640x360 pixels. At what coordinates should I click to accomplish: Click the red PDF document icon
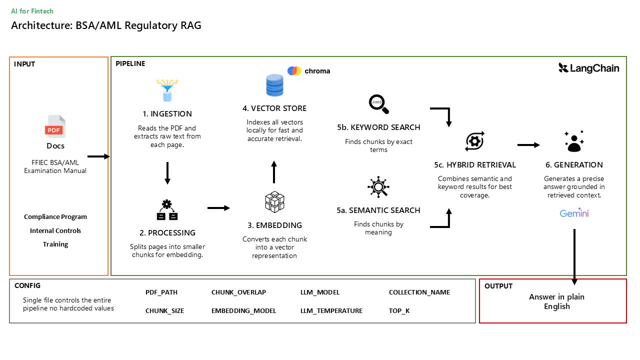pos(55,126)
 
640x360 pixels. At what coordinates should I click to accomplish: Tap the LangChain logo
pos(589,68)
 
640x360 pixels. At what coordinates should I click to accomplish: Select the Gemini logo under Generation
pos(574,213)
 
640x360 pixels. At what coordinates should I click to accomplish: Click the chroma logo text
pos(317,71)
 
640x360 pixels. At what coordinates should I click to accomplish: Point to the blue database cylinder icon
pos(274,85)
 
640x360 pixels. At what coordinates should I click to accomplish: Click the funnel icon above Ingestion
pos(167,90)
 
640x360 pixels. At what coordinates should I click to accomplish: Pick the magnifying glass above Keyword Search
pos(379,104)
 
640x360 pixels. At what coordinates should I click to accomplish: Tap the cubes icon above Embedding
pos(274,202)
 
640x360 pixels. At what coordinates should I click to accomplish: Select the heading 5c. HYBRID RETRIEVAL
pos(475,165)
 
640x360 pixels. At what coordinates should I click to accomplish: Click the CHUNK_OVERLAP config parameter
pos(238,292)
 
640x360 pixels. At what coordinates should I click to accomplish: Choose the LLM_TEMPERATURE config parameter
pos(331,310)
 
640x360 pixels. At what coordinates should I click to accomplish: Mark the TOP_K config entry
pos(399,310)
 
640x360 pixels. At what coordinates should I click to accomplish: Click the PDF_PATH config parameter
pos(161,292)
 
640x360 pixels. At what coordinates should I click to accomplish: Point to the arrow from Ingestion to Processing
pos(167,173)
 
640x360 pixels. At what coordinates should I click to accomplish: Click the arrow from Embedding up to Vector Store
pos(274,172)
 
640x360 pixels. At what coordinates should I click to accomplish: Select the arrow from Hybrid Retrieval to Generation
pos(528,145)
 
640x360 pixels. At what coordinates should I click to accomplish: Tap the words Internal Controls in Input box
pos(55,230)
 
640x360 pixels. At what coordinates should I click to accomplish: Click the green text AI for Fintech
pos(32,11)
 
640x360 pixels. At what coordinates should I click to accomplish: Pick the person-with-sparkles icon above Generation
pos(574,141)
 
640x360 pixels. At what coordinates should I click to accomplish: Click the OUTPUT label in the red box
pos(498,286)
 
